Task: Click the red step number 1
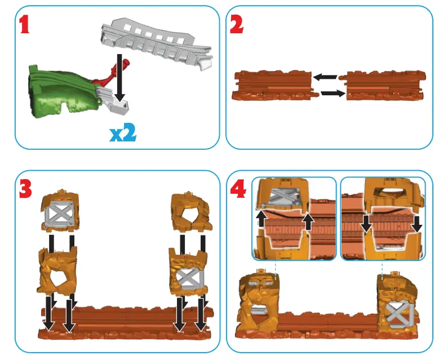(x=24, y=25)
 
